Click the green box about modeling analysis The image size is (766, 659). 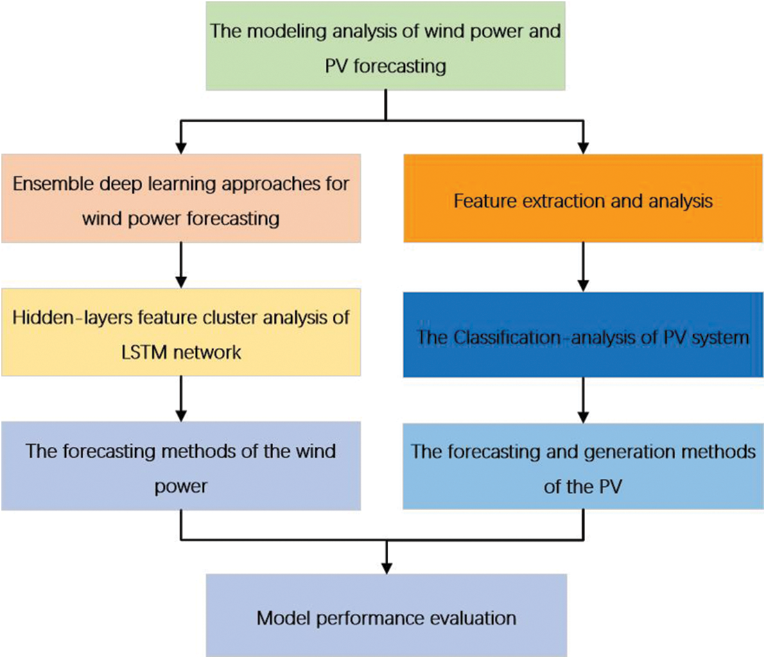(x=385, y=46)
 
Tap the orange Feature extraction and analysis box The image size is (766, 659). (x=583, y=198)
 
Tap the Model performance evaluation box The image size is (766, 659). (x=386, y=615)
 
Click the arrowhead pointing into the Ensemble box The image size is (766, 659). (x=181, y=148)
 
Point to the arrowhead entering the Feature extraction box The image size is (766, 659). (x=583, y=148)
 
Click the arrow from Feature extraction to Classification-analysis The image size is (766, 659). (x=583, y=267)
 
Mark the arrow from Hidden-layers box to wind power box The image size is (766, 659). (x=181, y=399)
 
